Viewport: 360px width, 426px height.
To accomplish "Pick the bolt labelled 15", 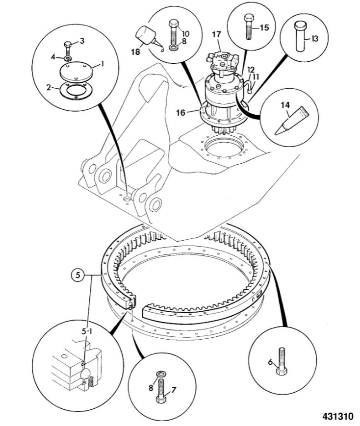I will [x=248, y=27].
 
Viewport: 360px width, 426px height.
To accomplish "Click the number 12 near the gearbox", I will [x=251, y=70].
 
